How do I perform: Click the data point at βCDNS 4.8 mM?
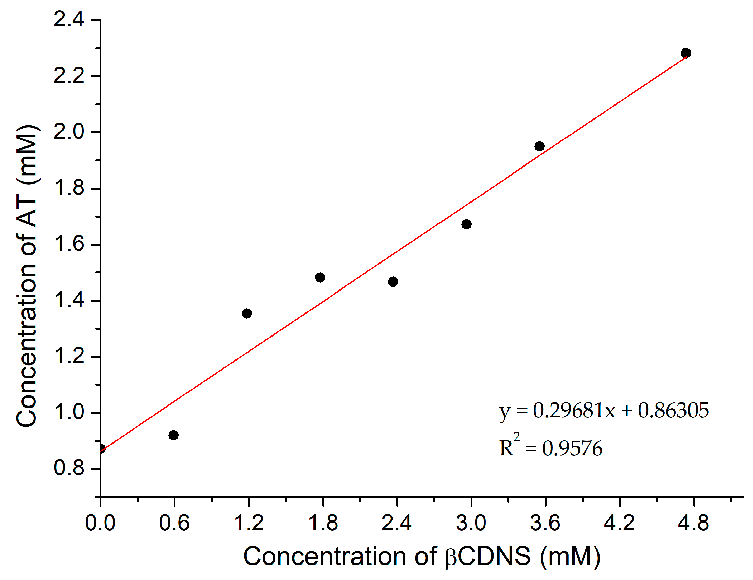point(686,53)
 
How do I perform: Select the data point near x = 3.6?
point(539,146)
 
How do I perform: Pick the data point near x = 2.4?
point(393,282)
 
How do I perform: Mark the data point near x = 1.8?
point(320,277)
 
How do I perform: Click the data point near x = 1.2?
point(247,314)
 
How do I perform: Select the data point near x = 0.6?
point(174,435)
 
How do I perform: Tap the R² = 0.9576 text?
point(550,448)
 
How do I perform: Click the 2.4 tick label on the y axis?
point(69,20)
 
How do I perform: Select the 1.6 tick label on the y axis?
point(69,244)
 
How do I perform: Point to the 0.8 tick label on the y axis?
point(69,468)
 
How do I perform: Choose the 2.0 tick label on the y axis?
point(69,132)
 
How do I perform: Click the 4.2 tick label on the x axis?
point(619,523)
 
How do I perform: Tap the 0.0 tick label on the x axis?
point(100,523)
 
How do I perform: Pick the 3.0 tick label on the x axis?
point(471,523)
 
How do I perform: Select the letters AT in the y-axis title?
point(27,213)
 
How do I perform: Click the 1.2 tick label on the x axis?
point(249,523)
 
